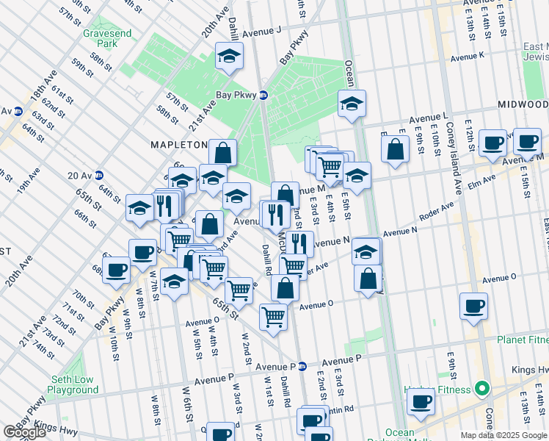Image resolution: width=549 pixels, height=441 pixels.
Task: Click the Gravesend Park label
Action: (x=101, y=38)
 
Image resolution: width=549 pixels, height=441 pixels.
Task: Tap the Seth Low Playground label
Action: (x=75, y=384)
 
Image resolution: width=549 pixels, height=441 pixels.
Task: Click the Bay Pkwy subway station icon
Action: (x=263, y=95)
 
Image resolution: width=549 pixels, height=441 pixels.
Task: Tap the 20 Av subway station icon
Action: (x=98, y=175)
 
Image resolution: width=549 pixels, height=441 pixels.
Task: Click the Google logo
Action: (x=24, y=432)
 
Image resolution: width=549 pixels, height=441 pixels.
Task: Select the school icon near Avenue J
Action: (x=229, y=56)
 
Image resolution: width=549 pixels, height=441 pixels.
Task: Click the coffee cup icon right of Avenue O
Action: (x=473, y=305)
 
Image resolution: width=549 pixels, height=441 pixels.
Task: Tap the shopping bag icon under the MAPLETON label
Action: (x=222, y=153)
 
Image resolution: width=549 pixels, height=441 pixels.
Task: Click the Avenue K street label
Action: (x=468, y=57)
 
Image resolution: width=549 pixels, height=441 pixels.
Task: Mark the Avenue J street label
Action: (x=262, y=32)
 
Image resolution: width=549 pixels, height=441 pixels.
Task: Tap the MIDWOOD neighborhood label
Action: (x=522, y=104)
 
